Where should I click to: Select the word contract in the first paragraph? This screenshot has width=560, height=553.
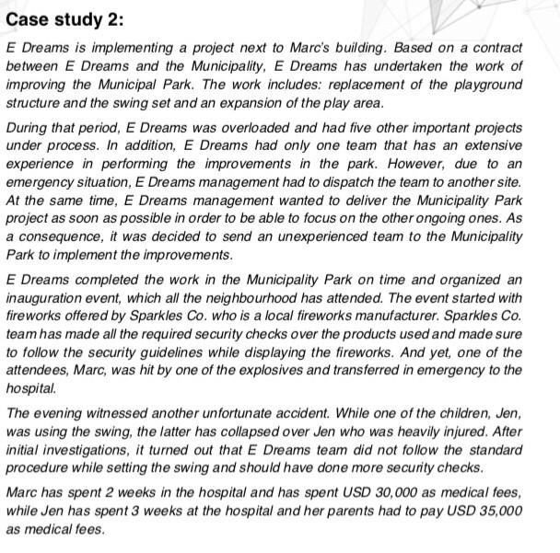(x=496, y=46)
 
